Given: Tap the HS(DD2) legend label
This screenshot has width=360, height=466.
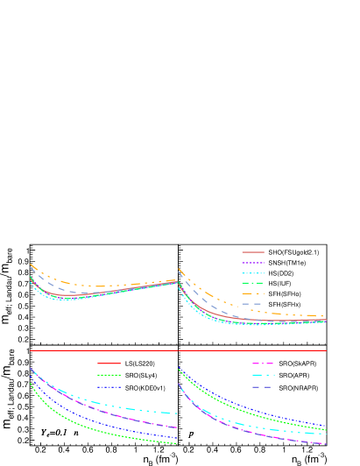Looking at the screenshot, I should [280, 273].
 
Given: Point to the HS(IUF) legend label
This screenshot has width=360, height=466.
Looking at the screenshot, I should [279, 283].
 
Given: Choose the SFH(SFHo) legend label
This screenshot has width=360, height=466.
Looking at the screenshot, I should [285, 293].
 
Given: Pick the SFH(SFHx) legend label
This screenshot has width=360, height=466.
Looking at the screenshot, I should [285, 304].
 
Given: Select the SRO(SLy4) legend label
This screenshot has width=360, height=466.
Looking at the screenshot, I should [140, 375].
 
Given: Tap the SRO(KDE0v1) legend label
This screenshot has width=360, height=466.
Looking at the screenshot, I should [145, 387].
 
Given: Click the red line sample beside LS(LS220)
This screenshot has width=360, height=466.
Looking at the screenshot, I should [109, 363].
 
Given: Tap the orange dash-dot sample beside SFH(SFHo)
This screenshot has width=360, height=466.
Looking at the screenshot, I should [252, 293].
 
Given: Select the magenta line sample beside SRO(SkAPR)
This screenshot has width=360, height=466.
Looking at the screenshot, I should [263, 363].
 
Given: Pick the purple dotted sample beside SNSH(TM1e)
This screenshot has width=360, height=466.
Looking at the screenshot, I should [252, 263].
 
